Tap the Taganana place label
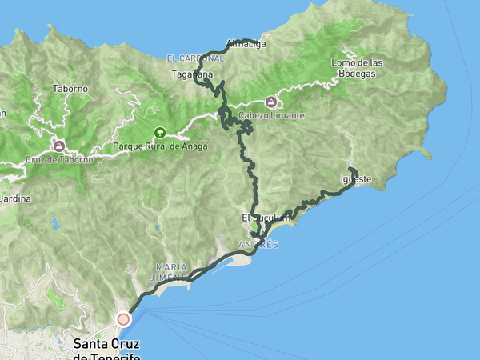[191, 74]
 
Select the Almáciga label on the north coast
[245, 45]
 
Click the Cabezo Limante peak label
[271, 116]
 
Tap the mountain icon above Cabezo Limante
[270, 102]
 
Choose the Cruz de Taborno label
[59, 159]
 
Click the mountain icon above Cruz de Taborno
[58, 146]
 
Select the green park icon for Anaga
[159, 133]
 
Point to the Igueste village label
[357, 179]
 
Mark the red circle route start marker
[123, 319]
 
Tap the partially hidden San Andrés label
[258, 244]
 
